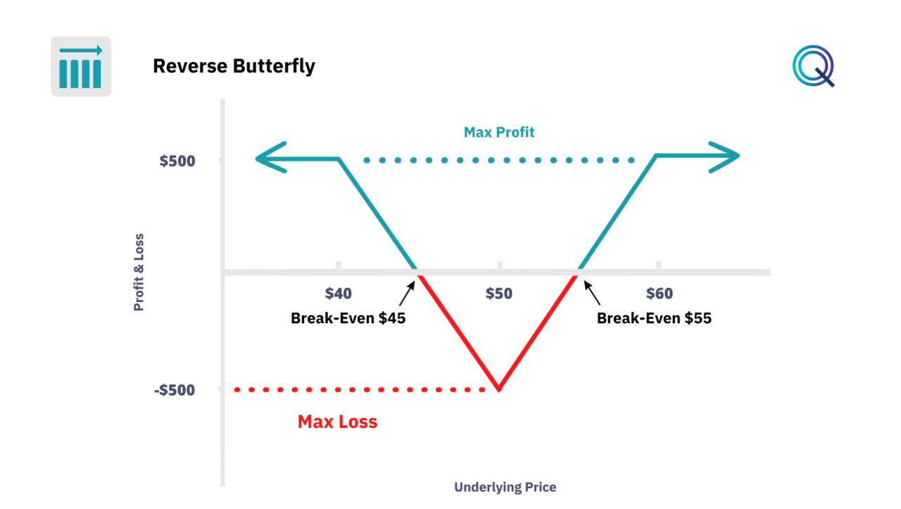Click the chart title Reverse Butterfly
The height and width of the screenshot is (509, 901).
point(234,66)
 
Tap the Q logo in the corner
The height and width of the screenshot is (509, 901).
point(814,66)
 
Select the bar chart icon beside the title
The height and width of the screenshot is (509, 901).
point(81,66)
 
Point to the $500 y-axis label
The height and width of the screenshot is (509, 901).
point(177,161)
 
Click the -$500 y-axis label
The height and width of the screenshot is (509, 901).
point(174,389)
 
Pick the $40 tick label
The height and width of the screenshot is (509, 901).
point(338,293)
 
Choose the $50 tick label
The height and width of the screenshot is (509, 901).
point(499,293)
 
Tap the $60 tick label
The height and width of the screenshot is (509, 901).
point(659,293)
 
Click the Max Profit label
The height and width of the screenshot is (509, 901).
point(499,132)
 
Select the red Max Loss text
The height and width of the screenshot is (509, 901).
point(337,422)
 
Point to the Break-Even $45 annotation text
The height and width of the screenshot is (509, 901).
point(348,318)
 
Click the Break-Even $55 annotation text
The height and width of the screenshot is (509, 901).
point(654,318)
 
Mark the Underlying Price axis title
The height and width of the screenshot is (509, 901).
point(505,487)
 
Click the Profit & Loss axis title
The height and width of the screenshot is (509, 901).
point(139,272)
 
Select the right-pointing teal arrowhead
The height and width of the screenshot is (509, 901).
point(724,156)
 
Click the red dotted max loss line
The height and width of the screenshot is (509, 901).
point(359,389)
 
